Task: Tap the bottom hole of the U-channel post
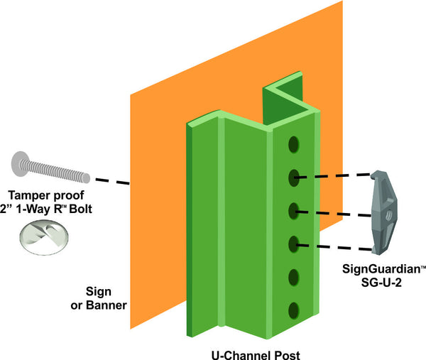click(293, 309)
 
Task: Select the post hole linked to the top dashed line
click(293, 176)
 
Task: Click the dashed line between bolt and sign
click(110, 180)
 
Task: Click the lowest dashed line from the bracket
click(334, 246)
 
